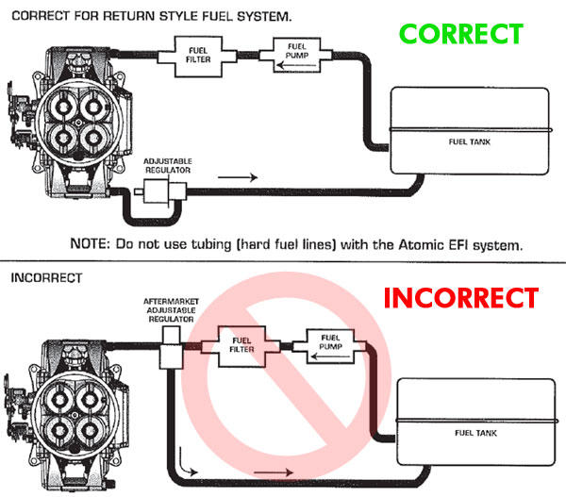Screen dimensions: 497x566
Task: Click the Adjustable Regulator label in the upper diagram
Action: pyautogui.click(x=168, y=166)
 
